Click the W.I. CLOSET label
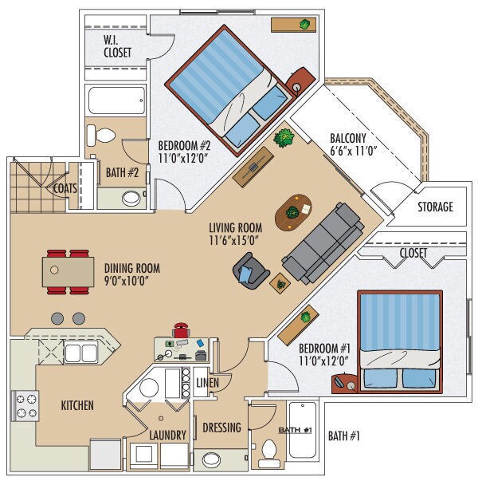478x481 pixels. click(x=117, y=46)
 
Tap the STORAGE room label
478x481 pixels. click(x=436, y=207)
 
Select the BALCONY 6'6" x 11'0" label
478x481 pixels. click(x=353, y=144)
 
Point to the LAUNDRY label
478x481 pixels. click(x=167, y=435)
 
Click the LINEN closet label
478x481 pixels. click(x=208, y=383)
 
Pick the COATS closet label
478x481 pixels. click(x=65, y=188)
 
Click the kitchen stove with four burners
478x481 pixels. click(x=25, y=406)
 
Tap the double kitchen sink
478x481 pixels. click(x=81, y=353)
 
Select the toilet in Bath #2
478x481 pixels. click(x=101, y=136)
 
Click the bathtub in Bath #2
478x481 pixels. click(x=116, y=101)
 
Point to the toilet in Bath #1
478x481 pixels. click(x=269, y=454)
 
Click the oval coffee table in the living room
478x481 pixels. click(x=293, y=212)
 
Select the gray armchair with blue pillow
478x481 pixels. click(x=251, y=271)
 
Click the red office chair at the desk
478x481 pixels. click(x=181, y=330)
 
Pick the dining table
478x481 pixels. click(x=68, y=272)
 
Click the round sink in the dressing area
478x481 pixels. click(x=211, y=460)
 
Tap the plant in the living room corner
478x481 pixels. click(x=284, y=138)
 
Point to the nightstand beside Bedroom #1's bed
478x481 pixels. click(x=345, y=383)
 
